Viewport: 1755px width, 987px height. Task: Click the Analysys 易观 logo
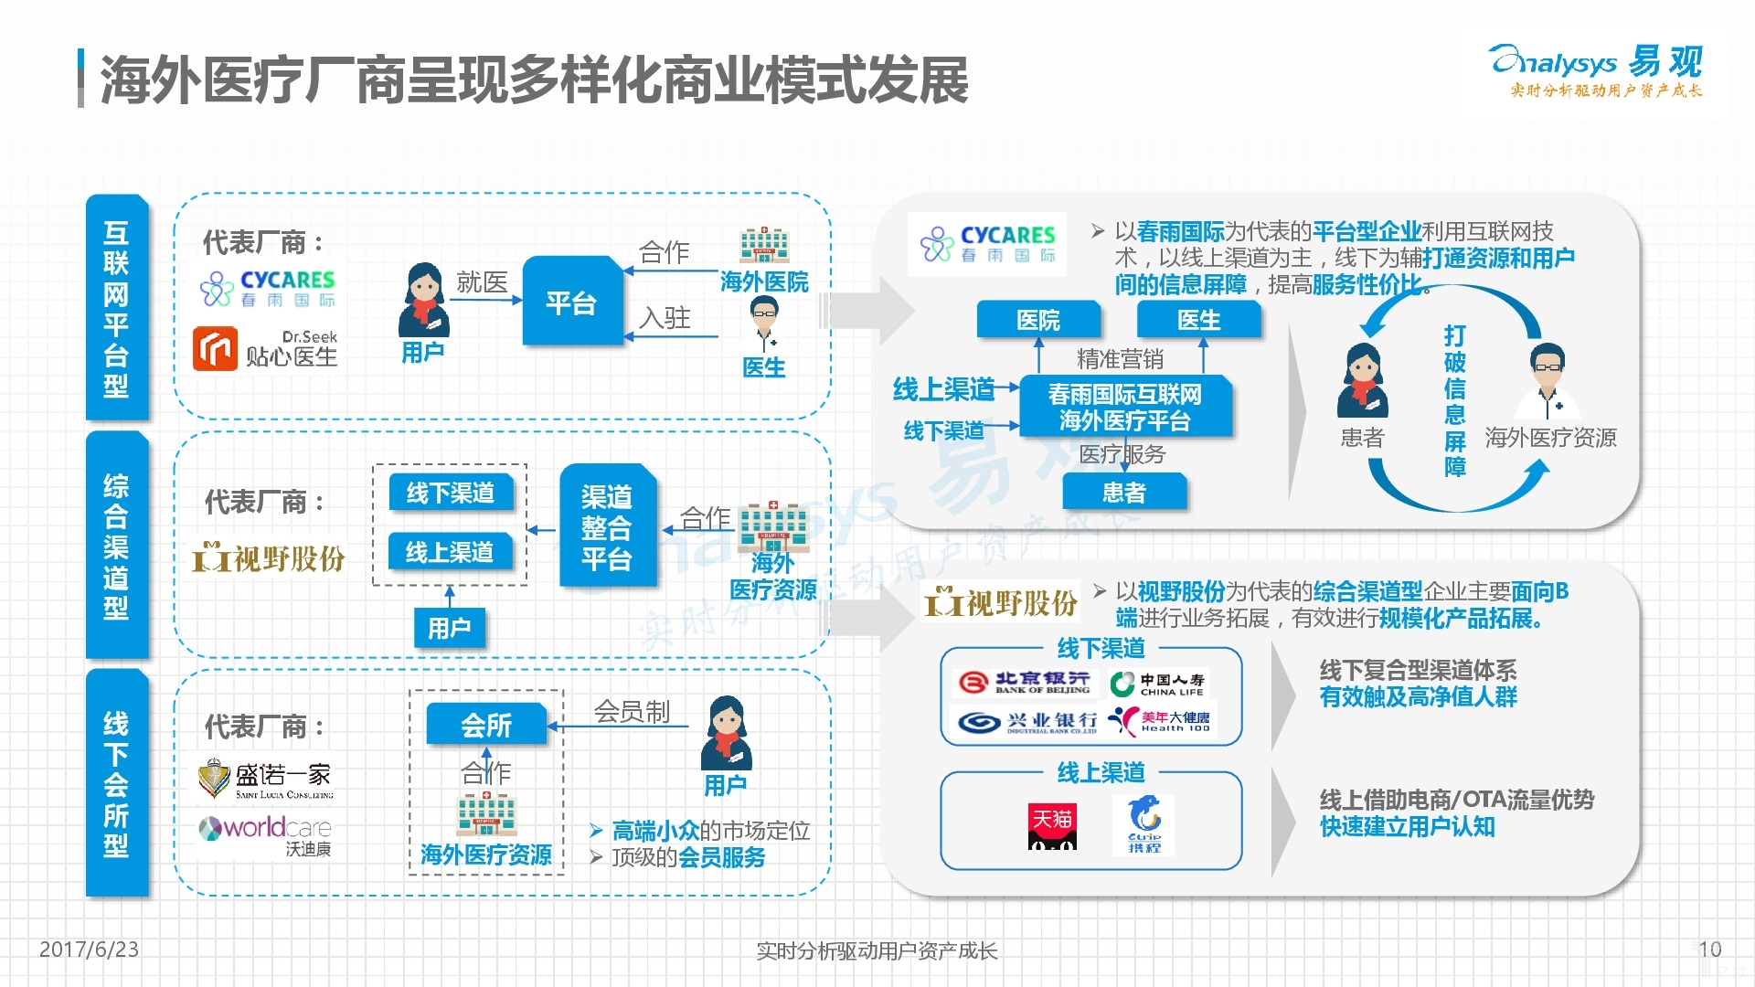click(x=1596, y=69)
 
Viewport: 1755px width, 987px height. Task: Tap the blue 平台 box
click(x=572, y=302)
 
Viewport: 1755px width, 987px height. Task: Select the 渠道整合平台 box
click(x=607, y=527)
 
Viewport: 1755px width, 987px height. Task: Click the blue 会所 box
click(x=486, y=726)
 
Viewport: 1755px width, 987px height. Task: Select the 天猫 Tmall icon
click(x=1052, y=826)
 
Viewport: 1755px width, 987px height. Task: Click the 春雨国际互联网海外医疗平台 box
click(x=1125, y=408)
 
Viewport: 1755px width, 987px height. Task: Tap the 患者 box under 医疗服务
click(x=1124, y=493)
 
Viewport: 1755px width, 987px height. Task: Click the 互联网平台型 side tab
click(x=116, y=308)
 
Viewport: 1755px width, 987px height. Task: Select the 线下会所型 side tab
click(x=116, y=783)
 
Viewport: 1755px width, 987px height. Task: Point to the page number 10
click(x=1709, y=950)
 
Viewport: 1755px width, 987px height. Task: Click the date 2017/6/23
click(x=89, y=950)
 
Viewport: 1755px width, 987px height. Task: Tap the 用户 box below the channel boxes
click(x=449, y=628)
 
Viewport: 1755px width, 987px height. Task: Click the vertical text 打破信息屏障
click(x=1454, y=400)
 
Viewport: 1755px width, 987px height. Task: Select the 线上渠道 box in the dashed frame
click(x=450, y=552)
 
